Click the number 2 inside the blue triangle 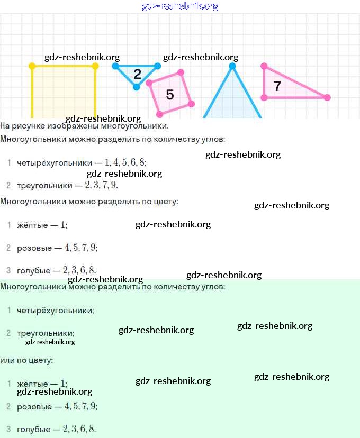click(138, 75)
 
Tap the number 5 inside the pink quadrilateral click(169, 95)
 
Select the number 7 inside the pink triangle click(277, 86)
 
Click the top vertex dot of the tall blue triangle click(232, 66)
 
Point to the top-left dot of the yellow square click(32, 66)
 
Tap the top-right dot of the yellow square click(95, 66)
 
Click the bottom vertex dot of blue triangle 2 click(137, 87)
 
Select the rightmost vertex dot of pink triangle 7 click(327, 97)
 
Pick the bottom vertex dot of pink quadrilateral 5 click(159, 114)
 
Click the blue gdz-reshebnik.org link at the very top click(180, 6)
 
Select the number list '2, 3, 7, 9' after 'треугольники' click(101, 186)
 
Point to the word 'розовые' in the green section click(34, 407)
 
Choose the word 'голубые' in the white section click(34, 270)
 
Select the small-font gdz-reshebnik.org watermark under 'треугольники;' click(50, 342)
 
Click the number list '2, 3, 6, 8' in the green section click(79, 429)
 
